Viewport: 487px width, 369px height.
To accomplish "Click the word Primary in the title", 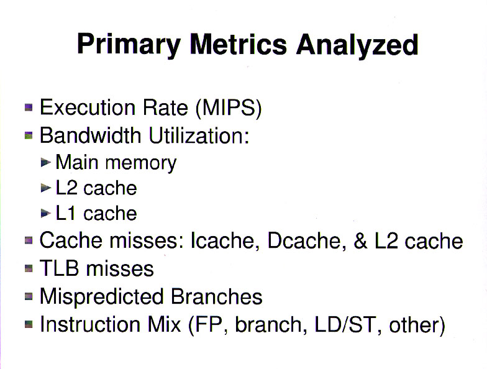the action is [129, 45].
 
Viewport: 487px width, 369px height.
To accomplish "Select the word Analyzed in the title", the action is [357, 45].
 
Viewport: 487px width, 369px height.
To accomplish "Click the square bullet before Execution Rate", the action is [29, 107].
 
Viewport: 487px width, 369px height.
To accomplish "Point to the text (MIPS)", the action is [229, 108].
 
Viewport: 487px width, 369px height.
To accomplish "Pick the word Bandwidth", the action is [91, 135].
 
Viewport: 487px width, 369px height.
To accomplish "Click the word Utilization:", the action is [199, 135].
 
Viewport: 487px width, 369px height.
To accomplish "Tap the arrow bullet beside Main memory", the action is [46, 162].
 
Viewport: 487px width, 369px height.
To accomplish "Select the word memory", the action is [140, 163].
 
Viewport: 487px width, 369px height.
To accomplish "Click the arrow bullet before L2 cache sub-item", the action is [46, 188].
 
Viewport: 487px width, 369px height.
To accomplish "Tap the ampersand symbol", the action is [360, 241].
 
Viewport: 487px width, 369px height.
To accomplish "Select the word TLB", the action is [59, 268].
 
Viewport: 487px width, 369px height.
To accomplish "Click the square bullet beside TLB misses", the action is [29, 268].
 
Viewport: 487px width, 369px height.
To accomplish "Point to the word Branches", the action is [217, 296].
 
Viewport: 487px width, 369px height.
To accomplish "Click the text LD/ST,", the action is [348, 325].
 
